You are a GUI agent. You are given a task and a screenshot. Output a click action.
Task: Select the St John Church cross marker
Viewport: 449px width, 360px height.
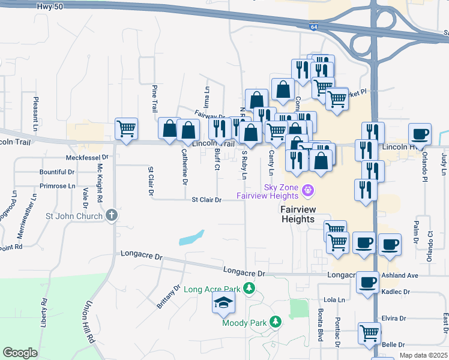coord(111,215)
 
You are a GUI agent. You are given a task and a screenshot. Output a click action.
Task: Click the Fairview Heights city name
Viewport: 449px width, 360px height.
coord(298,214)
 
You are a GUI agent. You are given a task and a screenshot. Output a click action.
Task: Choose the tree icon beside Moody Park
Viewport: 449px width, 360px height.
coord(276,322)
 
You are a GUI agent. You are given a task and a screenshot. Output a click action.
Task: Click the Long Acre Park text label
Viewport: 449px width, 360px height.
coord(212,290)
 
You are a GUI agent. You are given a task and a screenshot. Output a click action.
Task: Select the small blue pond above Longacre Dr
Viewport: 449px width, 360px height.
coord(192,238)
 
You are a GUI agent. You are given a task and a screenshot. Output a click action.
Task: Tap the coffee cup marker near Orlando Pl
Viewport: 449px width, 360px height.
coord(420,134)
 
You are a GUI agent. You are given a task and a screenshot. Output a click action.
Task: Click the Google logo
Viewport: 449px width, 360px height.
coord(20,353)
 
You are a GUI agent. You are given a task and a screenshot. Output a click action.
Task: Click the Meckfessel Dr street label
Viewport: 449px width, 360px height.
coord(86,158)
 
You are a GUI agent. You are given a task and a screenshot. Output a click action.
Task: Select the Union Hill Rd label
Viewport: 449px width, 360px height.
coord(91,322)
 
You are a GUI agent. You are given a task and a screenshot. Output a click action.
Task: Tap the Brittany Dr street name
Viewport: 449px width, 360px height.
coord(169,296)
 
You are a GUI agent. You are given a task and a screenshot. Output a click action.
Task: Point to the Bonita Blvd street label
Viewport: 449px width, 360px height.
coord(321,327)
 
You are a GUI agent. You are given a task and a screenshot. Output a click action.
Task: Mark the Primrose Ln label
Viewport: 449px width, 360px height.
coord(57,186)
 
